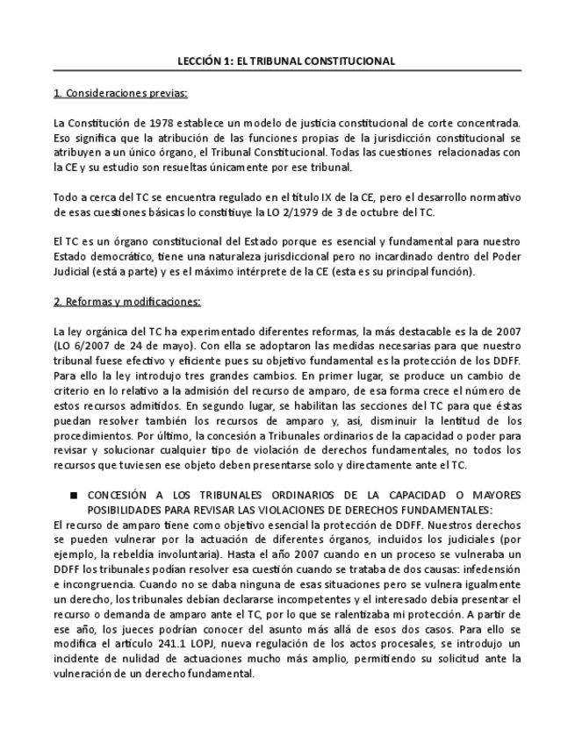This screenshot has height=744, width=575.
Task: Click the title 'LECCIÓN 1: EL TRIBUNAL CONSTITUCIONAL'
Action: pos(286,61)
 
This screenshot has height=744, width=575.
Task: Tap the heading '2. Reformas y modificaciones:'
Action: pos(127,302)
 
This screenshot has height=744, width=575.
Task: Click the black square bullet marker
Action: pos(74,496)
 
